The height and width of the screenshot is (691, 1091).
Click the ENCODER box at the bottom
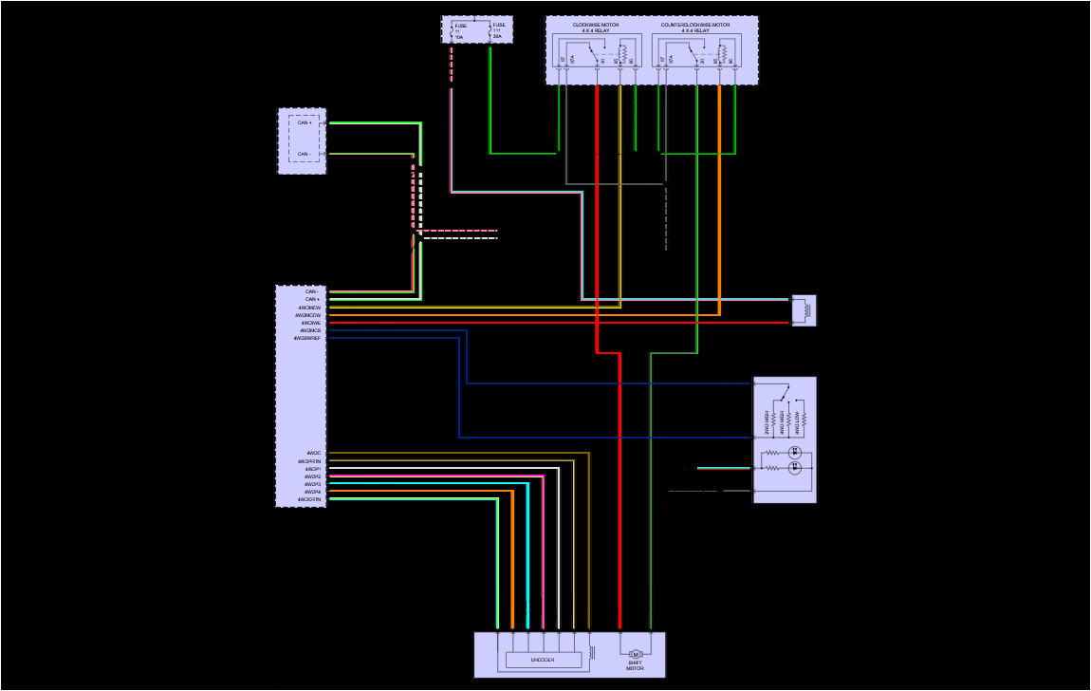543,660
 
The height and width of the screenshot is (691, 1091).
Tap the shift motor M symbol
637,654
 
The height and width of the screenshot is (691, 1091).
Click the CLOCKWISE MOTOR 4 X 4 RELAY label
596,28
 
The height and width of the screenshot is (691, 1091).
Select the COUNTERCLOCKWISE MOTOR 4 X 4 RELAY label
695,28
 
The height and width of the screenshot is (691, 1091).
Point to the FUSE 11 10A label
460,31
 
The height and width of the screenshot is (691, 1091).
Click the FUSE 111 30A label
498,31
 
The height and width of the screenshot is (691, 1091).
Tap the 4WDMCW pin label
309,308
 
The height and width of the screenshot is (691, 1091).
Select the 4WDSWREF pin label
307,338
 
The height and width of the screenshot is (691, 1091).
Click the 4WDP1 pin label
313,469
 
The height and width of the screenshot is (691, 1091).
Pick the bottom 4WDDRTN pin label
309,499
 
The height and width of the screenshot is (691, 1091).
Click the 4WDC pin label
314,454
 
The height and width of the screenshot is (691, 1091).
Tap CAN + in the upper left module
305,122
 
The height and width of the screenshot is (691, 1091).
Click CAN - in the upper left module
305,154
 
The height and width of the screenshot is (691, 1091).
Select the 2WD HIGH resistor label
767,423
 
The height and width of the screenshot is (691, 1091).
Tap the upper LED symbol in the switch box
796,452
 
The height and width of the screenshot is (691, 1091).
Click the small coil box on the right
804,310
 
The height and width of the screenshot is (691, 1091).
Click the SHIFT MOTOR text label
635,666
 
